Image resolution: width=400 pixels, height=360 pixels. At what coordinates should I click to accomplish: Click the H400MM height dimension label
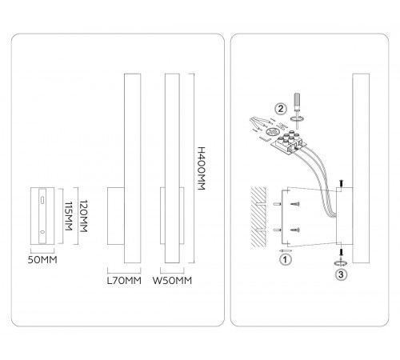click(x=202, y=168)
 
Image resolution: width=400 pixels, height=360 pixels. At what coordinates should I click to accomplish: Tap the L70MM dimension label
click(x=124, y=281)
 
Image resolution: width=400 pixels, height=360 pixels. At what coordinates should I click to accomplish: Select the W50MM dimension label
click(x=172, y=281)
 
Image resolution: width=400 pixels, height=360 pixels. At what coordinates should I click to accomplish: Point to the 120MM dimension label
click(x=84, y=216)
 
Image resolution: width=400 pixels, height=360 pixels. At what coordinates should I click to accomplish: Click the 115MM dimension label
click(x=69, y=216)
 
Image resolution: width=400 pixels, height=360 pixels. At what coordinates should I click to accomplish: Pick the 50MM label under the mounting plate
click(x=42, y=260)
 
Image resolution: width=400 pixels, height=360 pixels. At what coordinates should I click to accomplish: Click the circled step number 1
click(x=286, y=259)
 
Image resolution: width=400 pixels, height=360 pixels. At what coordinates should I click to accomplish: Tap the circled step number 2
click(x=281, y=109)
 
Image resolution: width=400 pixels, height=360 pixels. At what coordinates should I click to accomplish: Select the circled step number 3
click(x=341, y=274)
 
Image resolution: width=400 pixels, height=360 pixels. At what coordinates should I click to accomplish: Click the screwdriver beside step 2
click(x=297, y=110)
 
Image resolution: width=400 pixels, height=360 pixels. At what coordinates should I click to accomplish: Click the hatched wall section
click(x=258, y=217)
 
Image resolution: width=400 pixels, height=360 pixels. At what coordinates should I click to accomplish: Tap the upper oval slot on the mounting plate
click(x=42, y=200)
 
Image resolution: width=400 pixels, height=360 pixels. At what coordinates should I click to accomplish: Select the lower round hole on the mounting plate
click(x=42, y=232)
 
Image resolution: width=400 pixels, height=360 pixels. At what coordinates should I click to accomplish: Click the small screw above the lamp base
click(x=341, y=183)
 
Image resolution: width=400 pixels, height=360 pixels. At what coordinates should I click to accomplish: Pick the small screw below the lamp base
click(x=341, y=252)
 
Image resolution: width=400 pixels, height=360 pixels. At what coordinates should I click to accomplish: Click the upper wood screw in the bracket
click(x=295, y=204)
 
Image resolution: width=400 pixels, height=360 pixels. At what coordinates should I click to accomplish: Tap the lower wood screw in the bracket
click(x=295, y=230)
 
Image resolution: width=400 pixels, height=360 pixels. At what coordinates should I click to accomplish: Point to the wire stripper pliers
click(x=260, y=122)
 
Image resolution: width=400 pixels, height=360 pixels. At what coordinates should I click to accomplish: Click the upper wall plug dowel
click(x=277, y=204)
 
